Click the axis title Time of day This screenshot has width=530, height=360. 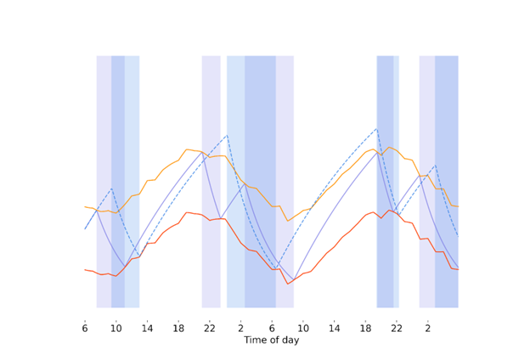pos(271,340)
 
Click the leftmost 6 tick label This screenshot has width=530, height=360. pos(85,328)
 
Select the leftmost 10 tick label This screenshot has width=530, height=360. pos(116,328)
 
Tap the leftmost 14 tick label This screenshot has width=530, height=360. pos(147,328)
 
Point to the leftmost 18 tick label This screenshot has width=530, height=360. pos(178,328)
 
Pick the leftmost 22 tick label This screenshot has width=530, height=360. pos(210,328)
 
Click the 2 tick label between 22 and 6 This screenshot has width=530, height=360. pos(240,328)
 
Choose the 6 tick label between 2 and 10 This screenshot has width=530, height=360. pos(272,328)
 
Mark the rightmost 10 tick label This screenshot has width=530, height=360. pos(303,328)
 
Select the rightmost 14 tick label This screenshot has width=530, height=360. pos(334,328)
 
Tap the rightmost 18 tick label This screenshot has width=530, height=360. pos(365,328)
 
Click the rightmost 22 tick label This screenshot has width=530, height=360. pos(397,328)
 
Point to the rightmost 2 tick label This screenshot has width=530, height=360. pos(427,328)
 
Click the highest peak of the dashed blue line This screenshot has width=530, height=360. pos(376,128)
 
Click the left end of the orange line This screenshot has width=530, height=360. pos(85,206)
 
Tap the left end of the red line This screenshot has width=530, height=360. pos(85,269)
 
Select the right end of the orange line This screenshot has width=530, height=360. pos(458,205)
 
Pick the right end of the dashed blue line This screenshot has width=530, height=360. pos(458,236)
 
